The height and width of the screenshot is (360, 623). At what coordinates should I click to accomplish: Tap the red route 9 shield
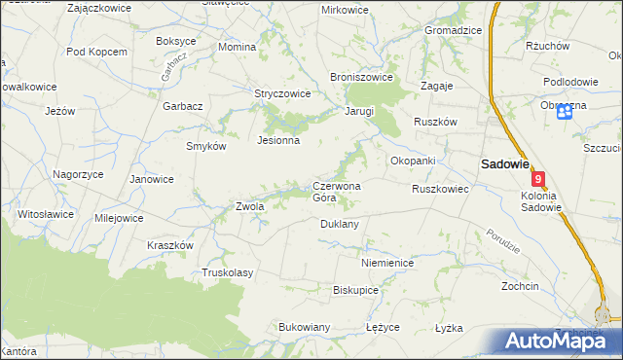538,180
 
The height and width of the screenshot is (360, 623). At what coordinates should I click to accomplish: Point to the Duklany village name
340,224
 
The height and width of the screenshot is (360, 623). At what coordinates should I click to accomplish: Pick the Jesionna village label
277,140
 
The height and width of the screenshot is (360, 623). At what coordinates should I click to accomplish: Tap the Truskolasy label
227,272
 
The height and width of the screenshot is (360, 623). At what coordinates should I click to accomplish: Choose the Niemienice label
387,264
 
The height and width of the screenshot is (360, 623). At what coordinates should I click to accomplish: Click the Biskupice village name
355,290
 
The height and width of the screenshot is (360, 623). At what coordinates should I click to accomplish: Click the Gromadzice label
453,30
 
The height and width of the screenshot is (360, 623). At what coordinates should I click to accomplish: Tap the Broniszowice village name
361,76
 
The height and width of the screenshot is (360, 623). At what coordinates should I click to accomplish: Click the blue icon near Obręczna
565,114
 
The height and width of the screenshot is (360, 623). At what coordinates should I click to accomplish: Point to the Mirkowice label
345,10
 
